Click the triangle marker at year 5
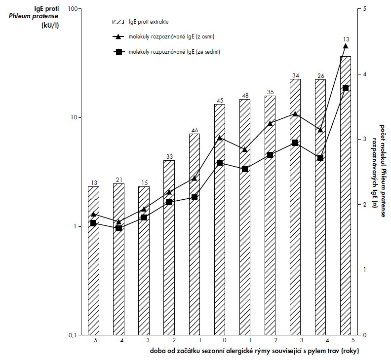(346, 46)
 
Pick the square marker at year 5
(346, 88)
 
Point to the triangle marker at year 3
(295, 114)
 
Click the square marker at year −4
(118, 228)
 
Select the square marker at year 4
(320, 158)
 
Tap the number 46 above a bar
(194, 130)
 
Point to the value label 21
(118, 180)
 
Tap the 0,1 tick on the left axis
(75, 335)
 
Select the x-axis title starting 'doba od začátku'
(254, 351)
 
